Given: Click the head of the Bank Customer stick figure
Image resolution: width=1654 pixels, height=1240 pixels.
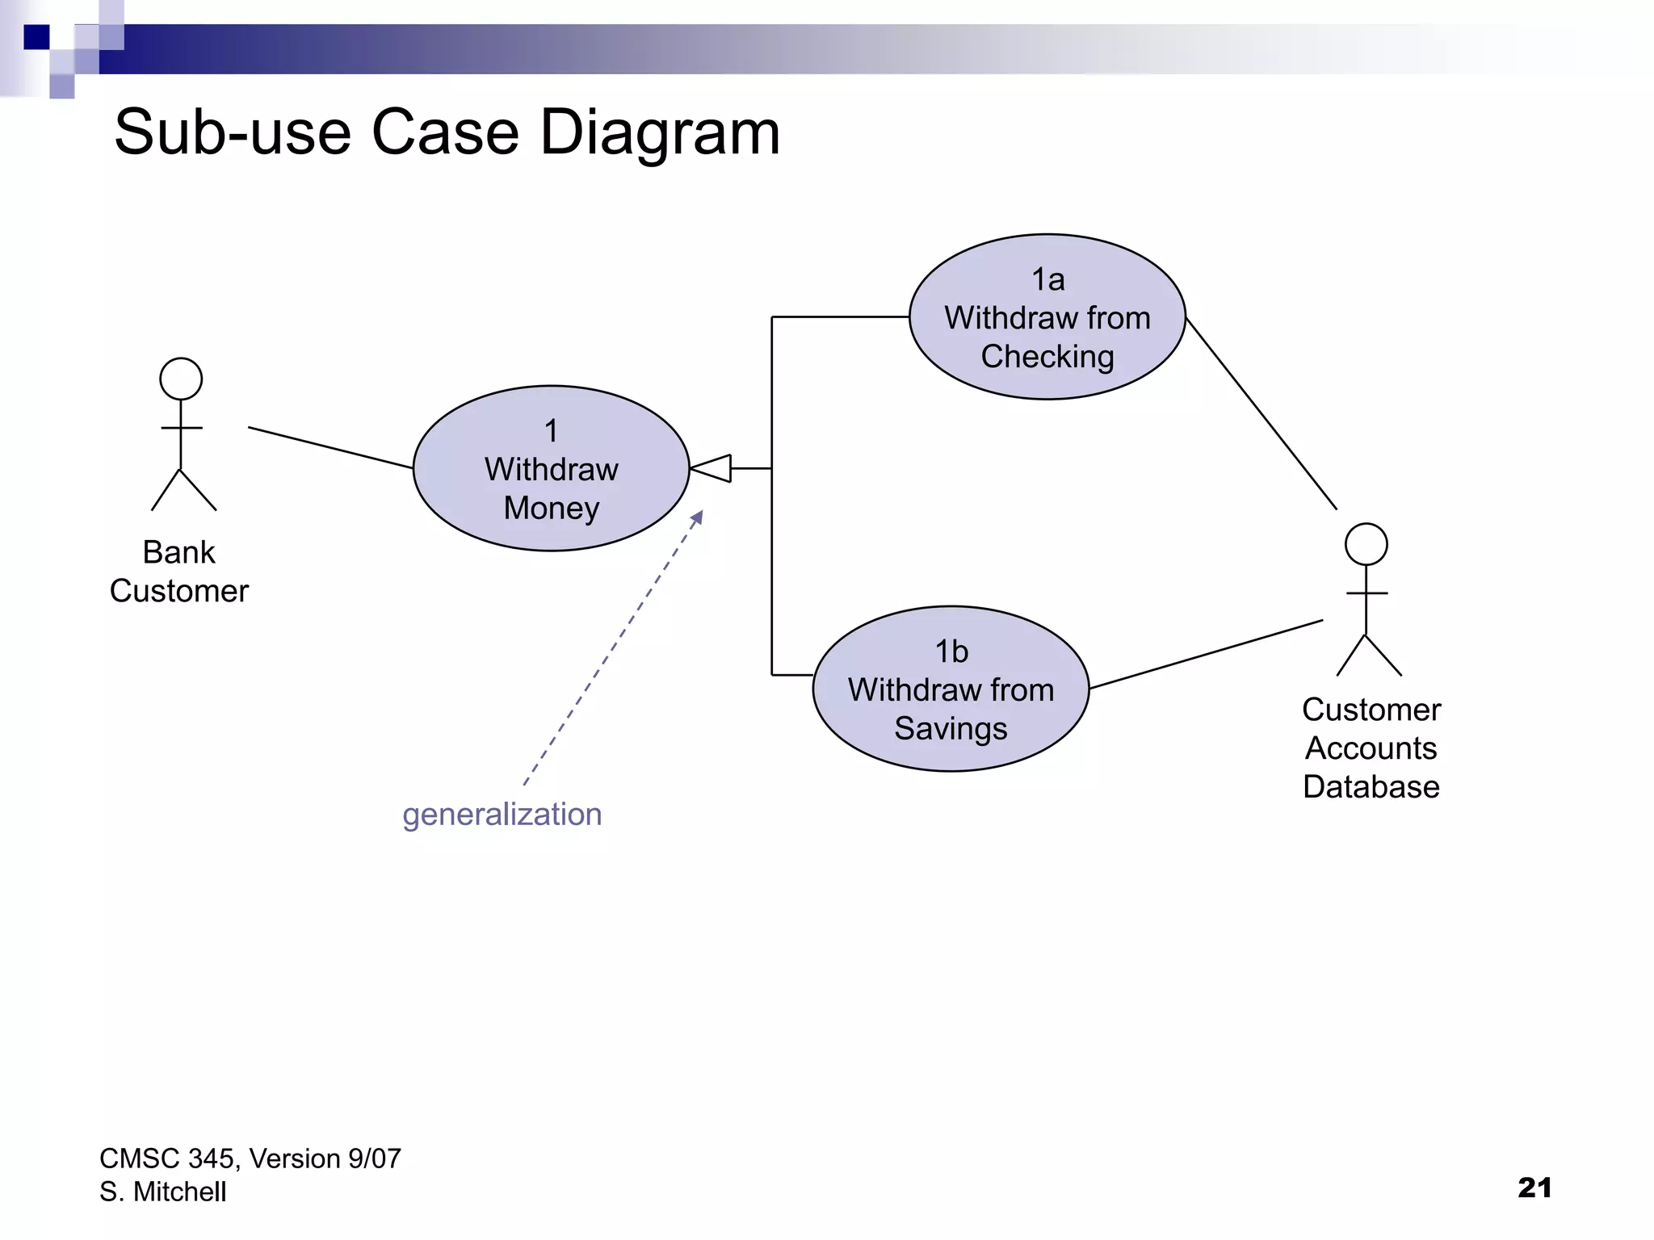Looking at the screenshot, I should tap(181, 379).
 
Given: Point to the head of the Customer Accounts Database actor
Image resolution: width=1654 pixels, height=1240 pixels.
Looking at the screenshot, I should tap(1366, 544).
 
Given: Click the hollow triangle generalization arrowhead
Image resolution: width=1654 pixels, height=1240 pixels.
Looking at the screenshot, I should tap(714, 468).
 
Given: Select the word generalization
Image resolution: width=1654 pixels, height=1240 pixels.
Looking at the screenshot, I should tap(502, 814).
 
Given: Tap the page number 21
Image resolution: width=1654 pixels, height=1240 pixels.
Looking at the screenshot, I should tap(1534, 1187).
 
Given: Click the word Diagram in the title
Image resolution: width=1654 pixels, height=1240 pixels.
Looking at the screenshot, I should tap(660, 132).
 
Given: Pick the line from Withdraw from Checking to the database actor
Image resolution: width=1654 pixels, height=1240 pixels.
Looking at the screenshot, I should tap(1261, 413).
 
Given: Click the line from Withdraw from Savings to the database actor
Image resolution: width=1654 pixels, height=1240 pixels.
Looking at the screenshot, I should tap(1206, 654).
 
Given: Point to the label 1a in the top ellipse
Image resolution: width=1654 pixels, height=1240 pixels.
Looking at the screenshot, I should tap(1047, 280).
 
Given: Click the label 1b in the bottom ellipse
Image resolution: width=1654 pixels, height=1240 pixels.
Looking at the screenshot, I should tap(951, 651).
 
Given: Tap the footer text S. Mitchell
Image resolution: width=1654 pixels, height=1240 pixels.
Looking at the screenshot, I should tap(162, 1192).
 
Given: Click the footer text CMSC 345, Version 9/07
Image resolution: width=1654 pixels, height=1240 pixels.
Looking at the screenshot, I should tap(250, 1158).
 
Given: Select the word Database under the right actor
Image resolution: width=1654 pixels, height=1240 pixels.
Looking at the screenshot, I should tap(1371, 786).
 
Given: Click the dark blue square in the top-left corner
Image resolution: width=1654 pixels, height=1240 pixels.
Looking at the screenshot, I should tap(36, 37).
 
